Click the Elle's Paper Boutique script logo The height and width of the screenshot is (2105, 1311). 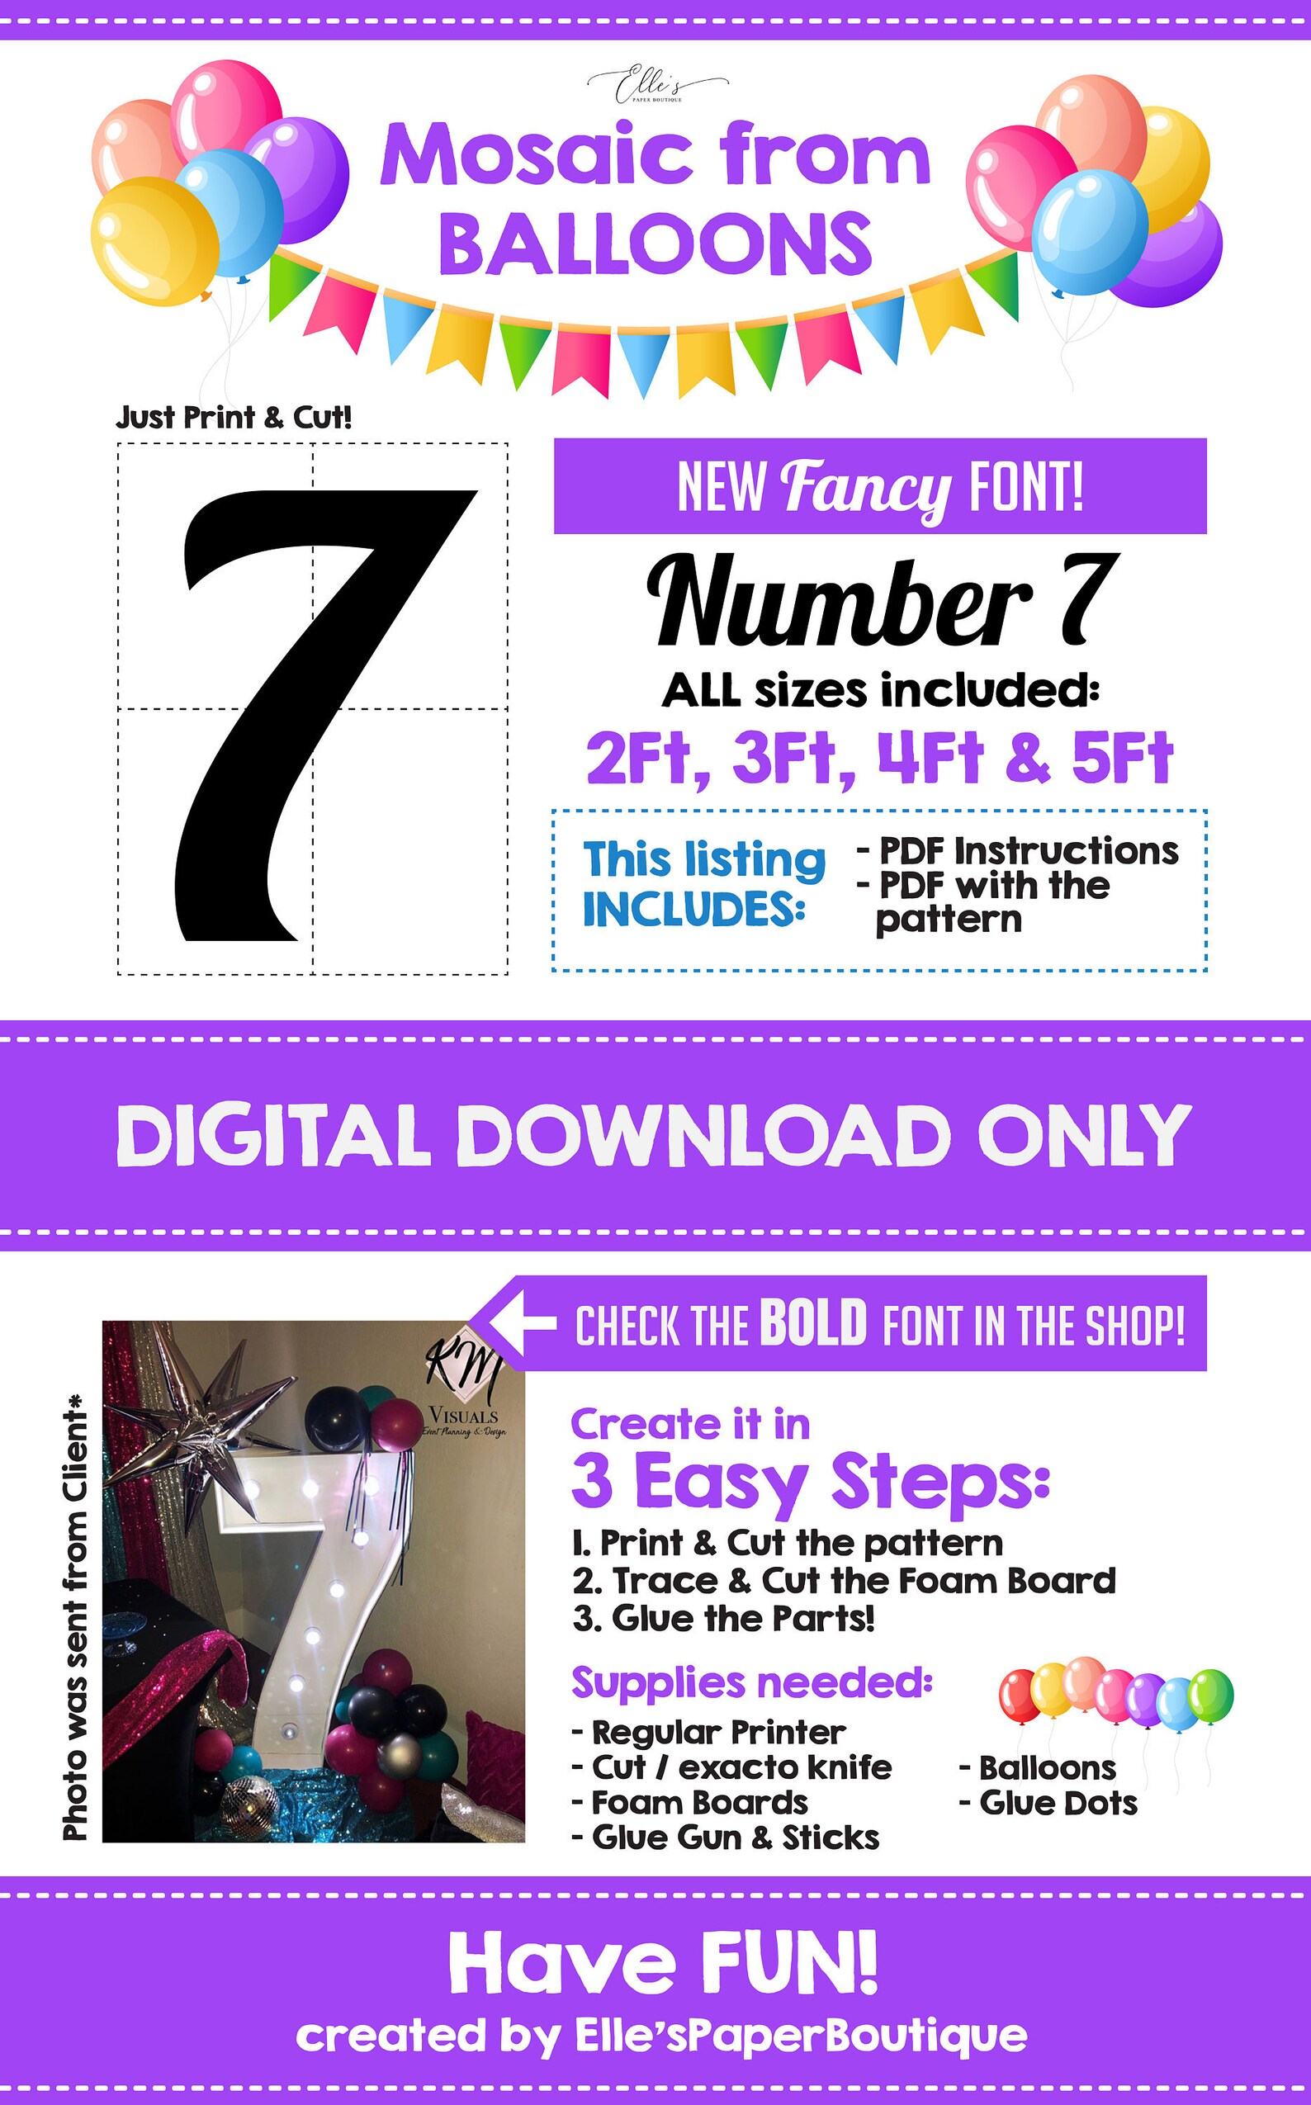click(x=656, y=86)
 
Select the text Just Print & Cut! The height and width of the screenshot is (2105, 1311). click(x=234, y=418)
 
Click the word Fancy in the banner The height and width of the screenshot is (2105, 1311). click(x=865, y=487)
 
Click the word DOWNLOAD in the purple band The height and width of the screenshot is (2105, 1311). click(x=703, y=1136)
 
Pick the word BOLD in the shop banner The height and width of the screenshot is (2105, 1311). click(x=813, y=1324)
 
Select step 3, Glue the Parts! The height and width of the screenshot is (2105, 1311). click(x=724, y=1619)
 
